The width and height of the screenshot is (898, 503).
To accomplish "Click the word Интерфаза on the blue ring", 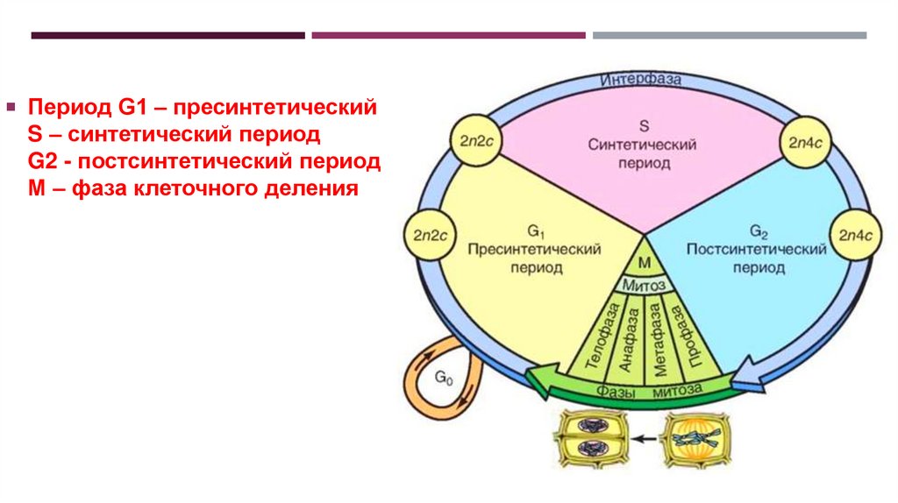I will [x=641, y=81].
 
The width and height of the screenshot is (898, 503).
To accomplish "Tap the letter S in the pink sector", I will [x=642, y=124].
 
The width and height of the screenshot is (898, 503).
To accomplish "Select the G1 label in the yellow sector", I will [x=536, y=231].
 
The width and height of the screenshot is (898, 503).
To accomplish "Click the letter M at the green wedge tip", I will [x=643, y=264].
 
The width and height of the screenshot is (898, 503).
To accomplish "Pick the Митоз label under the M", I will [x=643, y=285].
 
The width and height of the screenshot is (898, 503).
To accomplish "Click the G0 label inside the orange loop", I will [x=444, y=378].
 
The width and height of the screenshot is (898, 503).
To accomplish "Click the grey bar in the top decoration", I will [x=729, y=35].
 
